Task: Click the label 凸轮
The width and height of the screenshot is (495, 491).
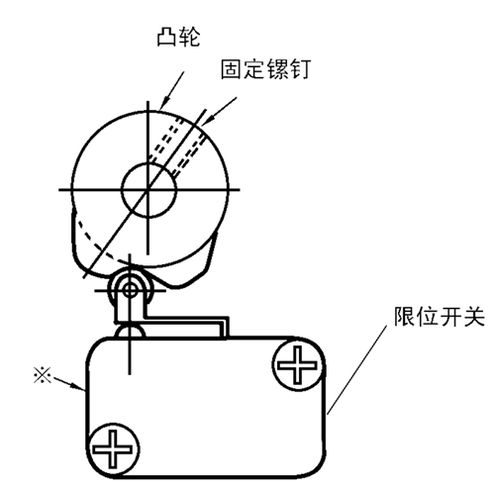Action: (178, 37)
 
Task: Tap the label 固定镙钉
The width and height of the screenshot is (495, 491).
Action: (265, 69)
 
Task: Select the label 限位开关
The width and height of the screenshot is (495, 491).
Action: (440, 317)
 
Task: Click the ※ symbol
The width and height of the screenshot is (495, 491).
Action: (43, 376)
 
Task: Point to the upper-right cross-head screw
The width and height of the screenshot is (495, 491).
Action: (298, 365)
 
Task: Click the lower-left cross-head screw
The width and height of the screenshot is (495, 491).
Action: (113, 448)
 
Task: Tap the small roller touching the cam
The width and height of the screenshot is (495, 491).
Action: (130, 290)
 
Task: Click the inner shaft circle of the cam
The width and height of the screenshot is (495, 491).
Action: (148, 190)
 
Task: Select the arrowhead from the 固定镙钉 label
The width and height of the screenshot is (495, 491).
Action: (207, 121)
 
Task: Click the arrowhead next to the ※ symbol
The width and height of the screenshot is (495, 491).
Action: (78, 386)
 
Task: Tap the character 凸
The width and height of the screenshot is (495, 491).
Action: (167, 37)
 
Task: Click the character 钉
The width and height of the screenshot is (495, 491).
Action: (300, 69)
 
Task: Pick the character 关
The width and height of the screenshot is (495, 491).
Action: (474, 317)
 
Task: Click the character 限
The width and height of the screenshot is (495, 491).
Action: (405, 317)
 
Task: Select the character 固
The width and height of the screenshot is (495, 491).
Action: (231, 69)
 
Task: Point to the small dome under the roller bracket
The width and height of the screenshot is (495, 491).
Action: (130, 331)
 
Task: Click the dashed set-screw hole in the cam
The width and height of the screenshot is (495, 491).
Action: (178, 146)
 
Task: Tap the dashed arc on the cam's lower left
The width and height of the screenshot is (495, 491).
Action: (99, 245)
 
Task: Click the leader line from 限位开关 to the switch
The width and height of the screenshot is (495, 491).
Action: (356, 369)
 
